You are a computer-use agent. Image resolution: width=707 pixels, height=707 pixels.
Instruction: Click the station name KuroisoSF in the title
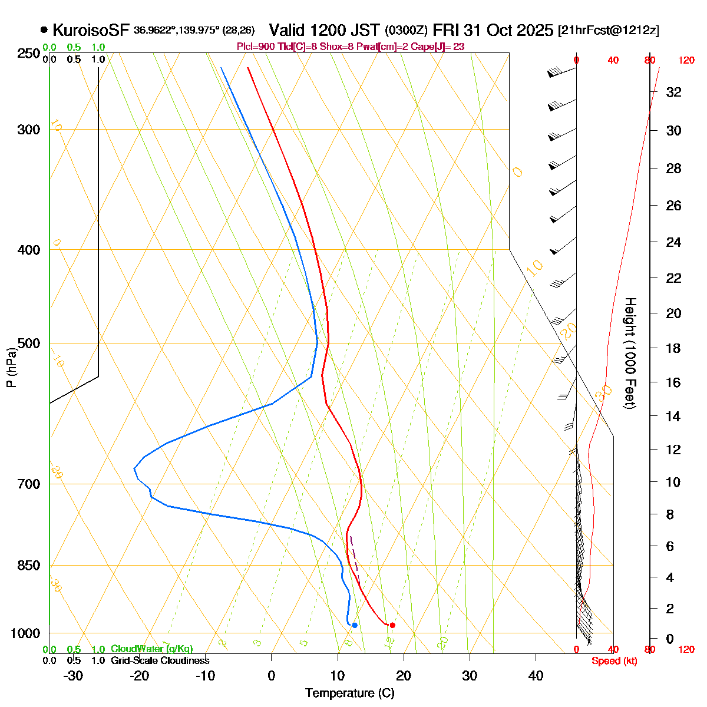[91, 30]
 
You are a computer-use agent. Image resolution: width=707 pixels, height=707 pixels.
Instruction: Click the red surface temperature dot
[392, 625]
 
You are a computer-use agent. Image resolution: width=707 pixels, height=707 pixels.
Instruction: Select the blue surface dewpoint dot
[355, 625]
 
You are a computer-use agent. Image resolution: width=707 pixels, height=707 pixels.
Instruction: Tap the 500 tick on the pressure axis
[29, 343]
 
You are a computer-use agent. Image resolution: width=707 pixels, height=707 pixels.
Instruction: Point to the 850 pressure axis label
[29, 565]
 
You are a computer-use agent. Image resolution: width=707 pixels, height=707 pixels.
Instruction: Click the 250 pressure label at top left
[29, 54]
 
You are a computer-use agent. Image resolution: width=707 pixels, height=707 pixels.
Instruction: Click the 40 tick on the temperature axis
[536, 676]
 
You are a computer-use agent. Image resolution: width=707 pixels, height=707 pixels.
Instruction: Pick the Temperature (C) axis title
[350, 693]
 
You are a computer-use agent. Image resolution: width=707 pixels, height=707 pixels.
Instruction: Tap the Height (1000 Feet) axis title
[630, 353]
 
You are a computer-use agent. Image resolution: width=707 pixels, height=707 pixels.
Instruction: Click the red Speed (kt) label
[615, 661]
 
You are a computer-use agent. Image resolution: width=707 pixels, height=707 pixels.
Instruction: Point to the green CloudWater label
[151, 649]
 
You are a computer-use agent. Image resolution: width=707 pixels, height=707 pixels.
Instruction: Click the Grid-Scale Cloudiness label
[160, 661]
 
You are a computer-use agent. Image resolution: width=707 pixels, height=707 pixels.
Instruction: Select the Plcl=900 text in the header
[255, 47]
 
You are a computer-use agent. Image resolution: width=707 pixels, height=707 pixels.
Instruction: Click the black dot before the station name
[44, 30]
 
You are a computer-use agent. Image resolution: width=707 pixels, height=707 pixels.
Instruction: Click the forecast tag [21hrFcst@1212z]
[609, 31]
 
